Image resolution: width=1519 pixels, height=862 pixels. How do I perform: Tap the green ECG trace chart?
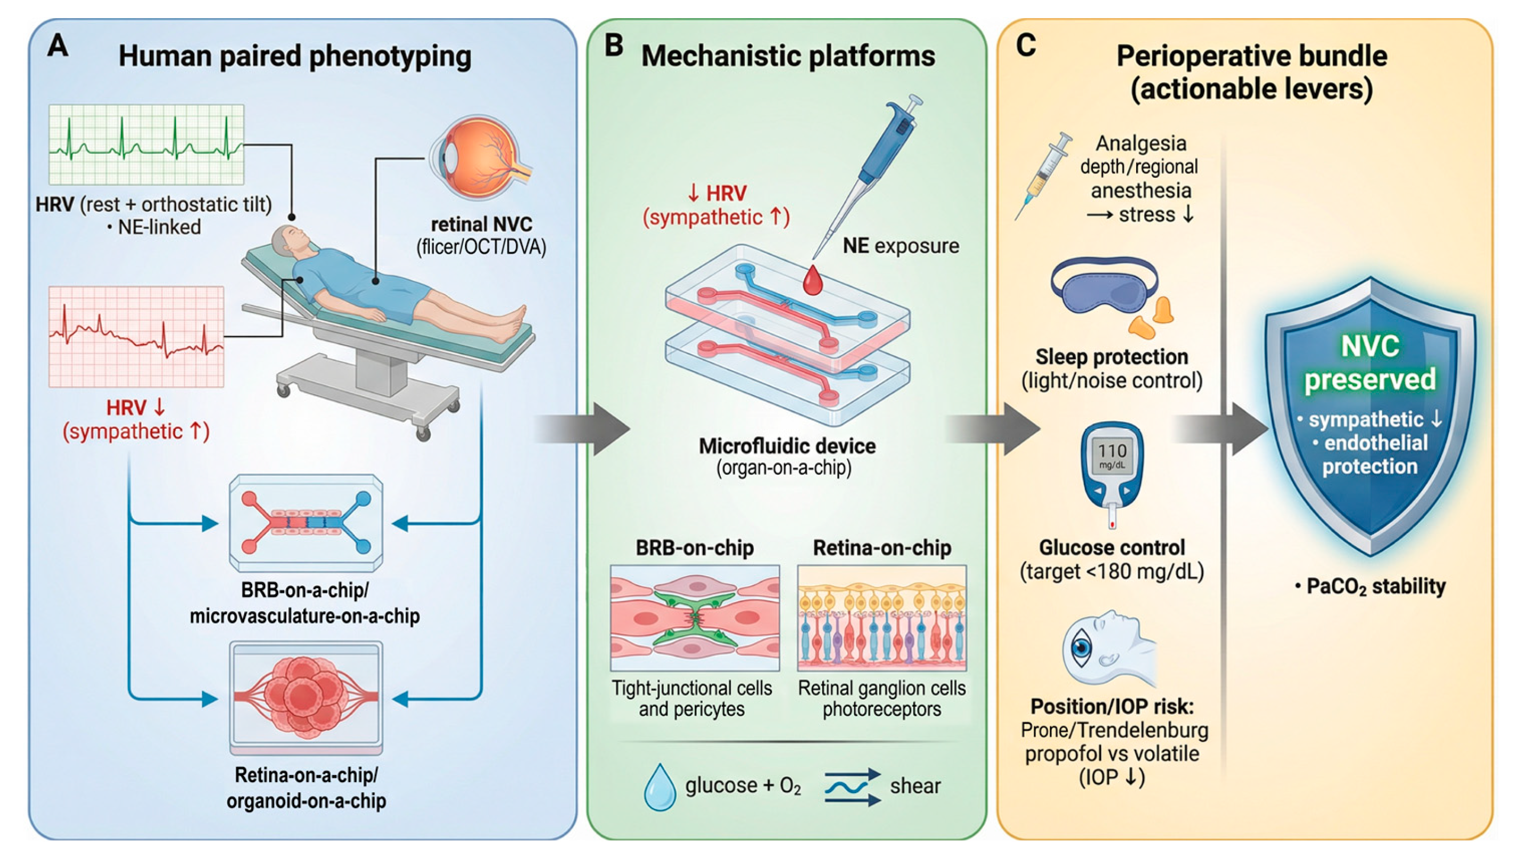pos(146,144)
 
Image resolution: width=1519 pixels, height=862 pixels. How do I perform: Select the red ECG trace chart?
pos(136,336)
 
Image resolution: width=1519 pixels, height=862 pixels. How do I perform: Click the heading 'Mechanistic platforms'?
pos(787,56)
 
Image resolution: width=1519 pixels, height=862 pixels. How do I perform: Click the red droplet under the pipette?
pos(813,281)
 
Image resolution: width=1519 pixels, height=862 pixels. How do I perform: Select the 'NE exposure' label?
pos(900,246)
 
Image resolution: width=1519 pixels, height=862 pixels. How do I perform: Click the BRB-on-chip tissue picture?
pos(694,618)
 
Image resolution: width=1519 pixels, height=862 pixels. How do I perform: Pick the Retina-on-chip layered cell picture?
pos(881,618)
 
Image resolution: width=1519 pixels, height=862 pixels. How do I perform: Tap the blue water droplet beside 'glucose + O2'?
pos(659,787)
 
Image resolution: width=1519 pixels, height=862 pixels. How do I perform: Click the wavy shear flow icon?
pos(852,787)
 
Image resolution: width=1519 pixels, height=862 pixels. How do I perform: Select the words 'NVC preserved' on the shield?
pos(1369,363)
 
